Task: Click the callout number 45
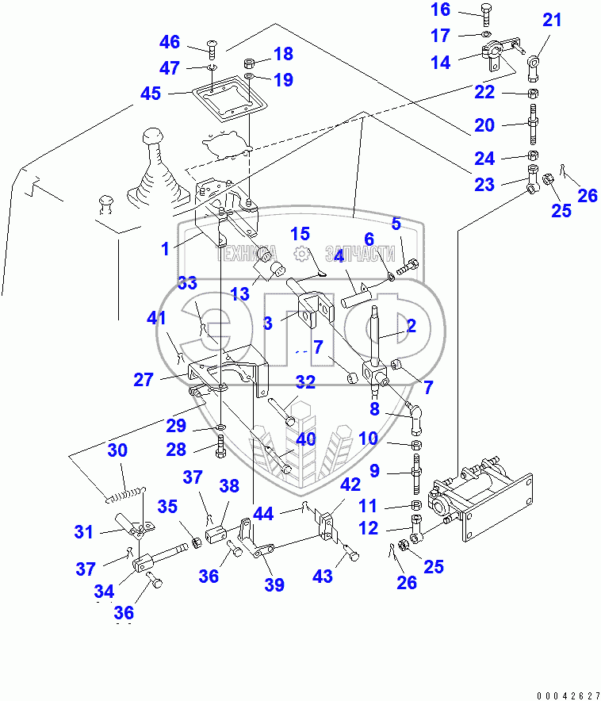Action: (150, 94)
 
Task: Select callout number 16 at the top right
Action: (462, 10)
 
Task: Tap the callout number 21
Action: (552, 21)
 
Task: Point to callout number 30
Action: (117, 450)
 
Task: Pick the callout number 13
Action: (239, 294)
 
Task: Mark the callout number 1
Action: (165, 249)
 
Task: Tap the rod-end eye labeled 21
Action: (535, 61)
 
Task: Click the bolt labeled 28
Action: (220, 450)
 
